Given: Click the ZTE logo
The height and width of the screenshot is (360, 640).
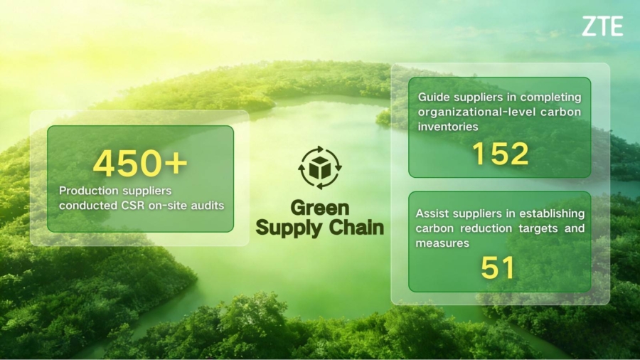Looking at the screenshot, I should click(x=602, y=27).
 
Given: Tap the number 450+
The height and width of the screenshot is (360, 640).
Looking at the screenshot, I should click(x=140, y=164).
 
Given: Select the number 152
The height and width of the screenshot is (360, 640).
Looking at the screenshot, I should click(x=499, y=153).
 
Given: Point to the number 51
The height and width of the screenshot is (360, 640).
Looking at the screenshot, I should click(x=498, y=268).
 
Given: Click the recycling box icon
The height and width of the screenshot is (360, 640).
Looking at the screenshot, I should click(x=319, y=168).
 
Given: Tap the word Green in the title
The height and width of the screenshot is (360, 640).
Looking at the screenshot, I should click(x=320, y=208).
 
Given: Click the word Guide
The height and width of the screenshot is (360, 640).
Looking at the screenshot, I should click(x=433, y=97).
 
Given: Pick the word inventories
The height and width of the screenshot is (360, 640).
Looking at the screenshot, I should click(x=447, y=127).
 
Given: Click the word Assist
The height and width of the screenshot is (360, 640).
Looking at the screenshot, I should click(x=432, y=213).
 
